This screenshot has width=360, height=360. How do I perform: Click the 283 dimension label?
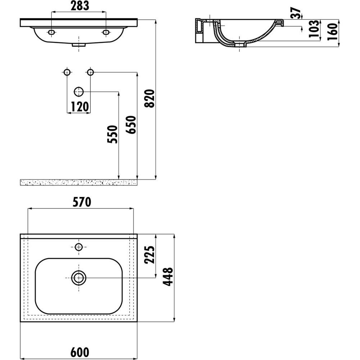(80, 6)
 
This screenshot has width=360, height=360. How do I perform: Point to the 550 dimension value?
(112, 134)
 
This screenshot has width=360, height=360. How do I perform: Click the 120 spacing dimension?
(80, 107)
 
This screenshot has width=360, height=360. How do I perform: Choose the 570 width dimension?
(82, 202)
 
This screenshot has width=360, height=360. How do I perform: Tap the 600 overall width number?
(80, 352)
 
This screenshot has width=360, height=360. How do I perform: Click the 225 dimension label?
(149, 255)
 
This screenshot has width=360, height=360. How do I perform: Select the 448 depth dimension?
(168, 276)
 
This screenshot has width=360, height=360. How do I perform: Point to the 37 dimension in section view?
(296, 13)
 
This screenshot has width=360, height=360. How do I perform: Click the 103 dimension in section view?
(314, 29)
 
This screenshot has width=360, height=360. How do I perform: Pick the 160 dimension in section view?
(333, 32)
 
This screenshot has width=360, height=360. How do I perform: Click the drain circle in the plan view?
(79, 278)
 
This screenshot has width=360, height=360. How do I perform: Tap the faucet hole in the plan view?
(79, 247)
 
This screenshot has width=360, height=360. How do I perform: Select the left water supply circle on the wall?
(67, 72)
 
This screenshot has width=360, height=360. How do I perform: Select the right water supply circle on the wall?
(90, 72)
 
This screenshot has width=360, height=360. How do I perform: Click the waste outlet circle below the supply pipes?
(79, 92)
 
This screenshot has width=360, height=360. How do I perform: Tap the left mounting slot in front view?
(51, 32)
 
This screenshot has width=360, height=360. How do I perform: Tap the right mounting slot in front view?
(106, 32)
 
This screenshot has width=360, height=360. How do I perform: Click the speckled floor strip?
(79, 183)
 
